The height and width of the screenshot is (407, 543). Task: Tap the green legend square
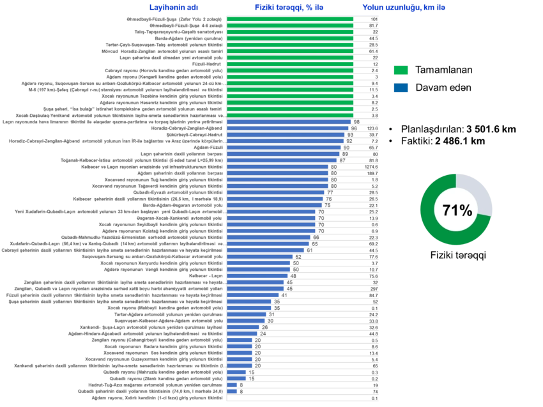(401, 70)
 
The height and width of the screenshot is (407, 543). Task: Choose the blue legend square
(401, 89)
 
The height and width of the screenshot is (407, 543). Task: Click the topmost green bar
(291, 19)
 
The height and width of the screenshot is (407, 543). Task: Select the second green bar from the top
(291, 26)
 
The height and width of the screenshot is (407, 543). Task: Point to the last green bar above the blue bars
(291, 115)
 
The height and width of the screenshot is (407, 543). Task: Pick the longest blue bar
(289, 121)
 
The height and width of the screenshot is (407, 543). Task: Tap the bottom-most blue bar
(232, 391)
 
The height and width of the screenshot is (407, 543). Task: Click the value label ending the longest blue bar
(356, 121)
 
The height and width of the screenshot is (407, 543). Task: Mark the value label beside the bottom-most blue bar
(241, 391)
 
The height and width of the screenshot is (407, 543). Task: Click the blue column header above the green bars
(290, 7)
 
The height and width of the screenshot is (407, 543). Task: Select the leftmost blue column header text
(173, 7)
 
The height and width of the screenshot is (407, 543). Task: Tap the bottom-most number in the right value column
(374, 398)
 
